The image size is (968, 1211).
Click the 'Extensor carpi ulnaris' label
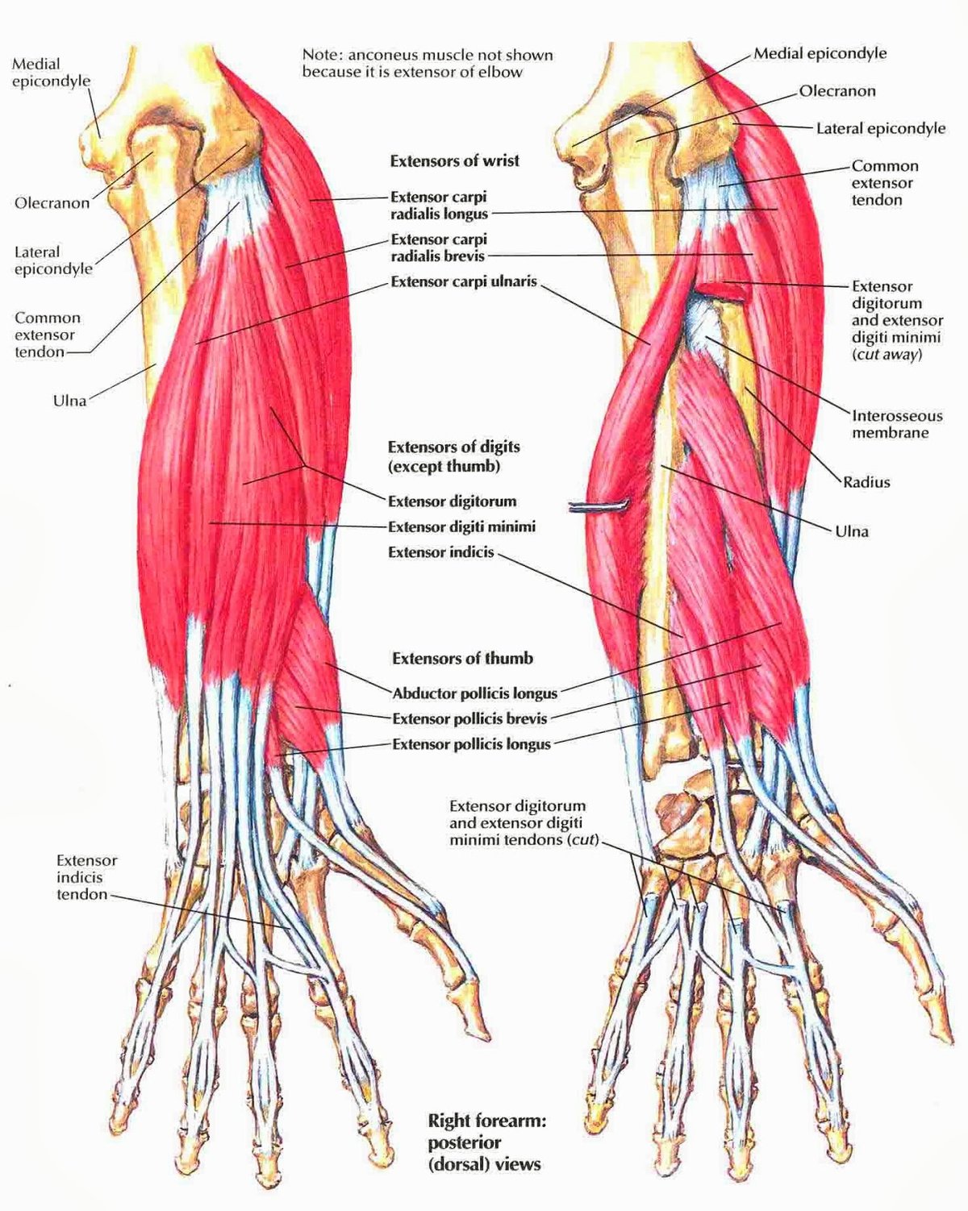click(463, 282)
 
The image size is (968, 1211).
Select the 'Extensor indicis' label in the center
click(440, 552)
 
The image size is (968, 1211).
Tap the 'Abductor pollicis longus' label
click(474, 693)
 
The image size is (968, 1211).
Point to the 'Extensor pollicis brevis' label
click(469, 718)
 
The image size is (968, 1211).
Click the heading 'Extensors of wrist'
click(454, 161)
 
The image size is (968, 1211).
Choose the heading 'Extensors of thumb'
click(462, 659)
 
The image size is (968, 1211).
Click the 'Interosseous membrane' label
click(896, 424)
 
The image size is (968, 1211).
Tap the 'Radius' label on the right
click(866, 482)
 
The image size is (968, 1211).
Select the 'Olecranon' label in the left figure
click(52, 203)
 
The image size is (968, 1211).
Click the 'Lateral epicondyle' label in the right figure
click(880, 128)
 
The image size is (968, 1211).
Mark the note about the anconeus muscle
click(428, 64)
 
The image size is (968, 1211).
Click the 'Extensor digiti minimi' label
click(461, 526)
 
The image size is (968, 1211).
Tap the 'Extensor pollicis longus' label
click(471, 744)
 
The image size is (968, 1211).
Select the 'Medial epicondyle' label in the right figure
click(820, 54)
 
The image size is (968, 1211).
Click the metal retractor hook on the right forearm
click(598, 507)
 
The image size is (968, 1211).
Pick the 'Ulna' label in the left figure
click(69, 400)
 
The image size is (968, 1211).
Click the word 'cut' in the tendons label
click(582, 839)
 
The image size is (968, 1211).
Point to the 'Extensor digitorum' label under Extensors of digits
click(452, 501)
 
